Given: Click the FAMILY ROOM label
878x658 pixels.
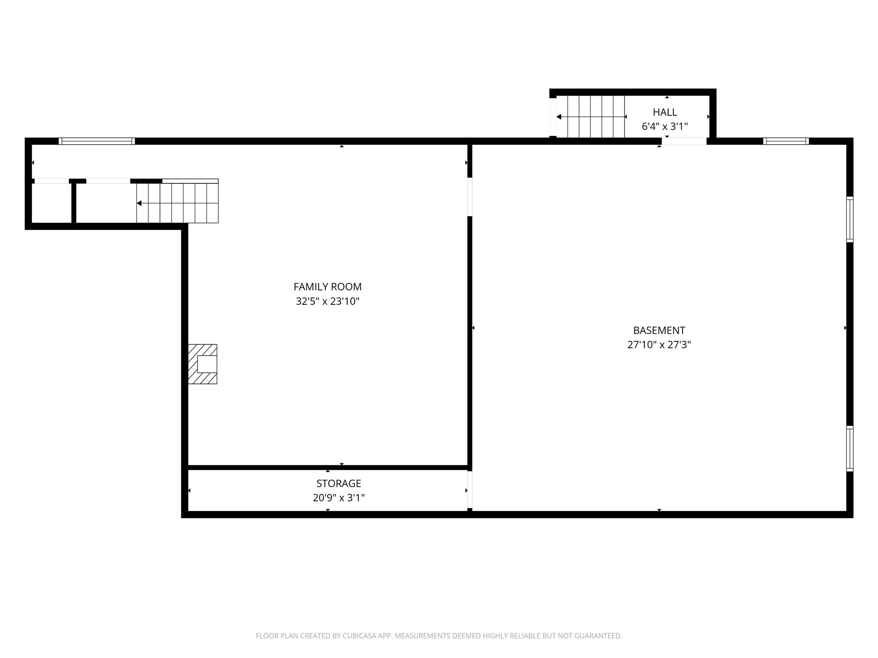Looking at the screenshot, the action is (x=327, y=287).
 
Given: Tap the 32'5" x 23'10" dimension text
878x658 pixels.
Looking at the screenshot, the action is (x=327, y=301).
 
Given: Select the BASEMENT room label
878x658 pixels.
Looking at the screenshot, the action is (x=659, y=330).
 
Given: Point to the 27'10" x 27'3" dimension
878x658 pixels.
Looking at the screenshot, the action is (x=659, y=345).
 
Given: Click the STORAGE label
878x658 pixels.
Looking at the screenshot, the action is (x=338, y=483).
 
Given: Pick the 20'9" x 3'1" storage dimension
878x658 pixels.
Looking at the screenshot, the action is (x=338, y=498).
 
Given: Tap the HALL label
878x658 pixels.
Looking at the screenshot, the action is (x=665, y=112).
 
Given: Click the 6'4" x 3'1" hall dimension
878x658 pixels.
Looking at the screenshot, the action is (x=665, y=127).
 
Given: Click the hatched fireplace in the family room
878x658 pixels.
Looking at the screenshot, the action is (x=202, y=364).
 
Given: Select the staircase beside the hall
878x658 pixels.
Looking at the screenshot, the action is (x=590, y=117).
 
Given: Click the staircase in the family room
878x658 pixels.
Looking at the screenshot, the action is (x=177, y=203).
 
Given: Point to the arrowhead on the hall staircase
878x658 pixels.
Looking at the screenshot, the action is (x=559, y=117).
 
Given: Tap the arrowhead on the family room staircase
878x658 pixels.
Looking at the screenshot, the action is (x=139, y=203).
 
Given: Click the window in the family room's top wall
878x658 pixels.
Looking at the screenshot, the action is (x=97, y=141).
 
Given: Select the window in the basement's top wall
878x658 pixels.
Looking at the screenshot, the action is (x=786, y=141).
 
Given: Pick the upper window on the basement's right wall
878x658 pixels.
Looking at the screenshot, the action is (x=850, y=219).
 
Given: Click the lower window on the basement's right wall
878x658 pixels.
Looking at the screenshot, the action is (x=850, y=448).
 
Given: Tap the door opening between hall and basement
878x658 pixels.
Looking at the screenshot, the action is (x=684, y=141).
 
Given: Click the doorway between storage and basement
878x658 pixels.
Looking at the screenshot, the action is (x=470, y=490).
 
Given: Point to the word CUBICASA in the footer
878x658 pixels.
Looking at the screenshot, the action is (x=361, y=636).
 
